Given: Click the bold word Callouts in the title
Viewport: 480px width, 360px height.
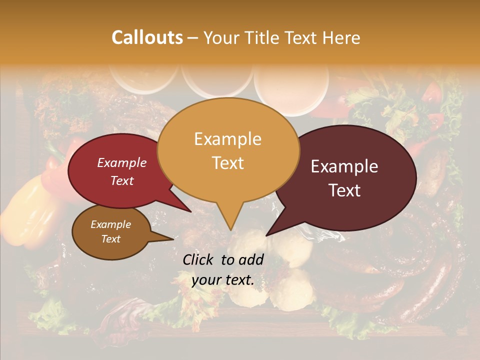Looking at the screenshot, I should pyautogui.click(x=147, y=37).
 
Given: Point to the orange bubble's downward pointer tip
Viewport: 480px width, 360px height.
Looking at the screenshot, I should pyautogui.click(x=230, y=230).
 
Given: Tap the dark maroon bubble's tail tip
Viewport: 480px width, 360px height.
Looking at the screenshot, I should pyautogui.click(x=266, y=235).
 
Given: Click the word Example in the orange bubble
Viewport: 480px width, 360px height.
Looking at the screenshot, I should pyautogui.click(x=227, y=139).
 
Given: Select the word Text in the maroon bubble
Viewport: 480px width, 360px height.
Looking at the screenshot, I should pyautogui.click(x=345, y=190).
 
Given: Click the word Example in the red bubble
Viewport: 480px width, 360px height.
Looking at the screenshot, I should pyautogui.click(x=121, y=162).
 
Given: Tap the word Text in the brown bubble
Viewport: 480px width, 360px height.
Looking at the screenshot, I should pyautogui.click(x=110, y=239).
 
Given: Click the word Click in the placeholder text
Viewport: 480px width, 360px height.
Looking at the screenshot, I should pyautogui.click(x=199, y=259).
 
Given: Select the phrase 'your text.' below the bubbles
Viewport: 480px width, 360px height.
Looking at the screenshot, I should pyautogui.click(x=222, y=280).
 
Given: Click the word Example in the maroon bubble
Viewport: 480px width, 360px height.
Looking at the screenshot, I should pyautogui.click(x=344, y=166).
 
